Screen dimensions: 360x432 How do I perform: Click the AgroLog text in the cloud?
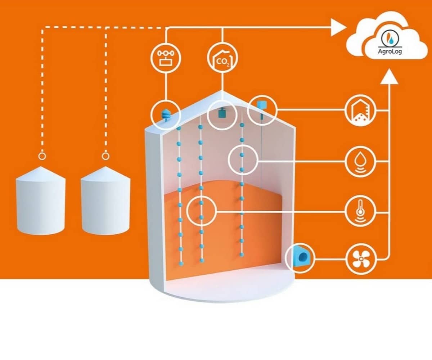[390, 51]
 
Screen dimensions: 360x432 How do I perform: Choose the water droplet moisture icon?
[361, 161]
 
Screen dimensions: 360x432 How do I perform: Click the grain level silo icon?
[361, 110]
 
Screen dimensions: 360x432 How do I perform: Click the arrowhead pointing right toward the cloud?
[338, 27]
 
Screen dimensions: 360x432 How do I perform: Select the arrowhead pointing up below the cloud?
[389, 76]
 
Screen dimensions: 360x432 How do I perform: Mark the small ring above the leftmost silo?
[42, 156]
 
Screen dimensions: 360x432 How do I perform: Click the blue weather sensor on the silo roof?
[166, 115]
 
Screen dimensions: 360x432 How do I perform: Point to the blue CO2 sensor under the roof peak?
[222, 112]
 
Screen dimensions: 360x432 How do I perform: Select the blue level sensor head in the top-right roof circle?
[261, 105]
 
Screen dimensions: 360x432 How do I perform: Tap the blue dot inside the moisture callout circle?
[242, 155]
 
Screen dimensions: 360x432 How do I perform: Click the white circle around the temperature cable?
[202, 211]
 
